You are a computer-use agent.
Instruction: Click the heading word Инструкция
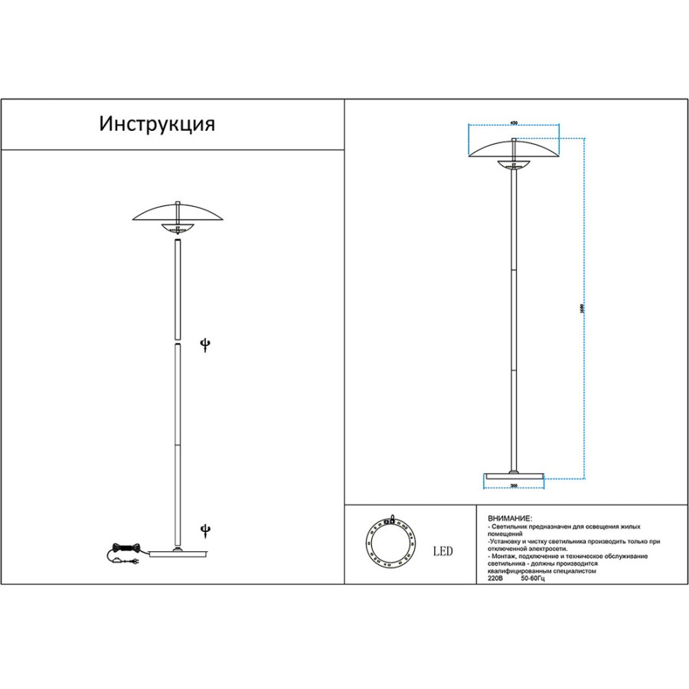coord(157,125)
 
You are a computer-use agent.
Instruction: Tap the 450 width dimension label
coord(514,122)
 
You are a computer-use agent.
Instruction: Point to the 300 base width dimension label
coord(514,486)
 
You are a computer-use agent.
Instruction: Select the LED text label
coord(443,550)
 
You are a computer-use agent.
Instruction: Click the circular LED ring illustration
coord(390,545)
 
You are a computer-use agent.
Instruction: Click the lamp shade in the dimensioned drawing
coord(514,149)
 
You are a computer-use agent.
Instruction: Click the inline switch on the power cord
coord(116,560)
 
